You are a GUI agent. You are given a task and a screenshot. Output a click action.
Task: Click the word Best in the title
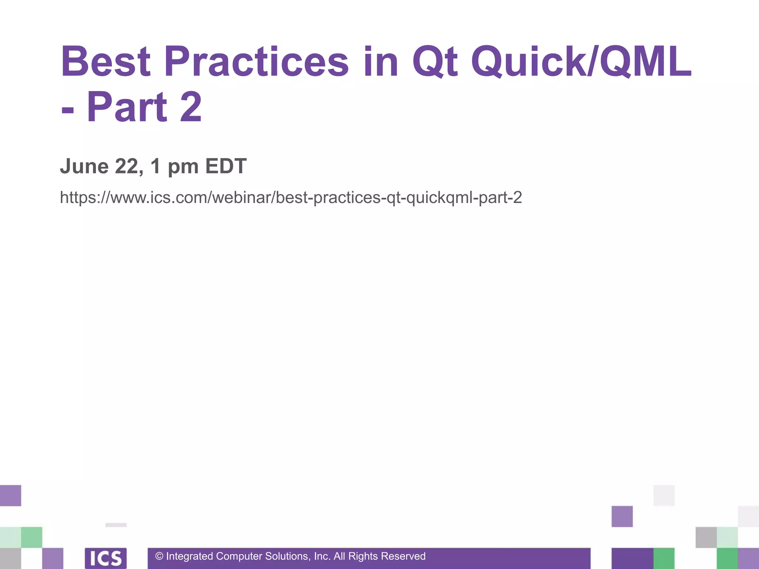106,61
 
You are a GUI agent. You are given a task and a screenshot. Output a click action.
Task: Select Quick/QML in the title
581,62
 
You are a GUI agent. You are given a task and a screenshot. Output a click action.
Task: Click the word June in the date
84,166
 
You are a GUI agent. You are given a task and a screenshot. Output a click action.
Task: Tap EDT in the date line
226,166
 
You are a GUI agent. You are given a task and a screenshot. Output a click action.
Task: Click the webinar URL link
291,197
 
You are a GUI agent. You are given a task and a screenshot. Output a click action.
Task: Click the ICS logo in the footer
106,558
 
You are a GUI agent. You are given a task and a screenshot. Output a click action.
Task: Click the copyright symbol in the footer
159,556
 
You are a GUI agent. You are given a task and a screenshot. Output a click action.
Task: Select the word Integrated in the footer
189,556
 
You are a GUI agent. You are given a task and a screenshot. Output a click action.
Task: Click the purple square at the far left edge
10,495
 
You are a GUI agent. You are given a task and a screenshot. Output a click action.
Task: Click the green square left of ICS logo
32,537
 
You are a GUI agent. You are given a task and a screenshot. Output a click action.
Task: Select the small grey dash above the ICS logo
116,525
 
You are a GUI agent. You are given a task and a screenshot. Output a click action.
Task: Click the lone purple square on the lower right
622,516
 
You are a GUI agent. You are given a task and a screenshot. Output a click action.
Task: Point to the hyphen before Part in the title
67,110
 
